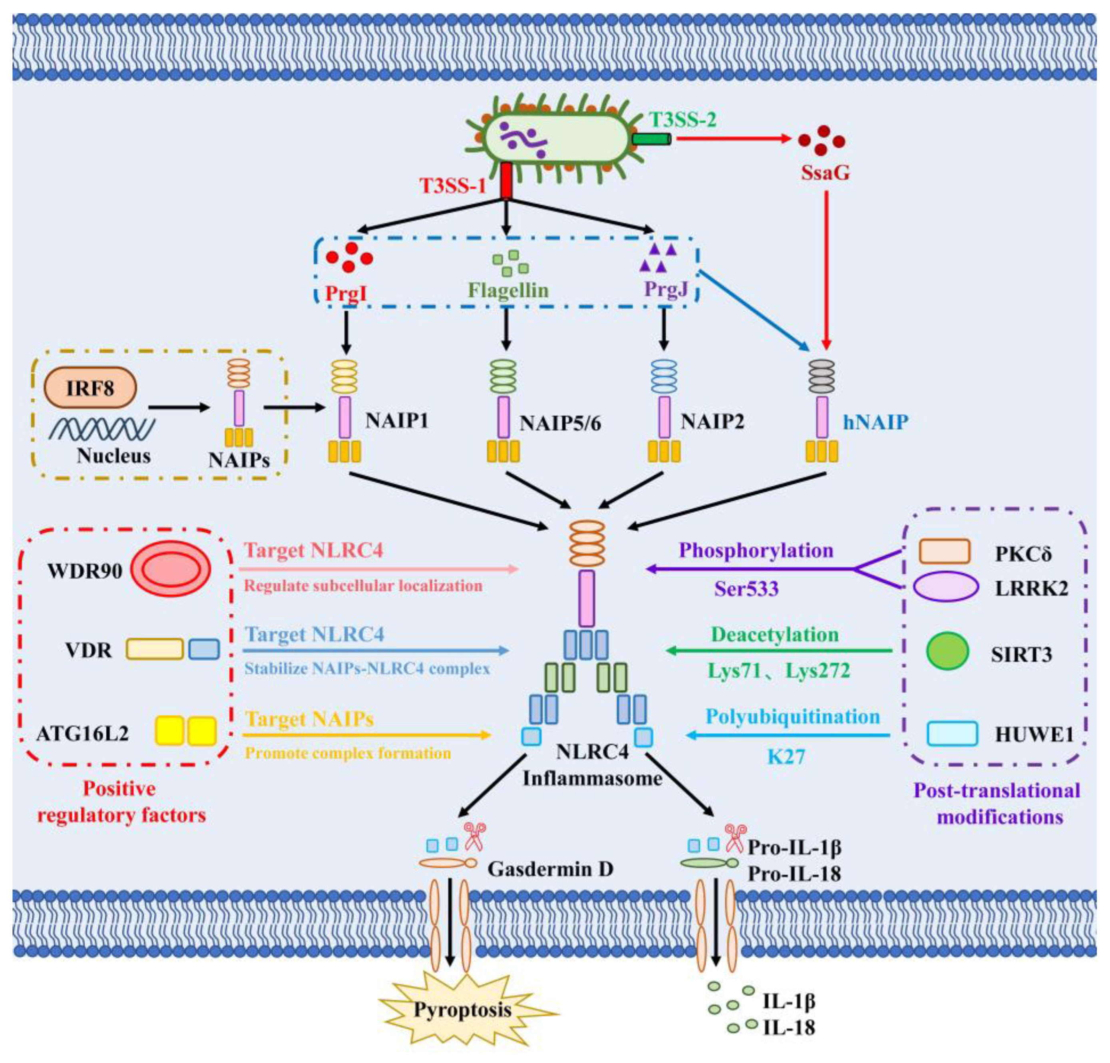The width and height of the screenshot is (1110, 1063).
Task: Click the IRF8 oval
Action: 91,388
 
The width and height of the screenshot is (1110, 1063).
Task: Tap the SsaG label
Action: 825,172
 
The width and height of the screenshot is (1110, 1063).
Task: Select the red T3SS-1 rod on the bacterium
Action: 506,181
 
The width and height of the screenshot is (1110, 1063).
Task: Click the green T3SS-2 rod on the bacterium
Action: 652,139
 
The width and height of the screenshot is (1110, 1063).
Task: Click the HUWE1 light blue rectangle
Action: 952,733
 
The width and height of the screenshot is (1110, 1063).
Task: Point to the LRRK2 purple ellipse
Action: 946,587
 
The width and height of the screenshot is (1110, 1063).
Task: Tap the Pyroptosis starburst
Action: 463,1009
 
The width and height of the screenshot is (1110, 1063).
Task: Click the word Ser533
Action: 746,589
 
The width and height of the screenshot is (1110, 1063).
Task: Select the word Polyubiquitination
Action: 793,717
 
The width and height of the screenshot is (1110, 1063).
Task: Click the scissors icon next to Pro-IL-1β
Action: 736,838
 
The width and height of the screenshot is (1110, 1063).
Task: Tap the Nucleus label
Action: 114,456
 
